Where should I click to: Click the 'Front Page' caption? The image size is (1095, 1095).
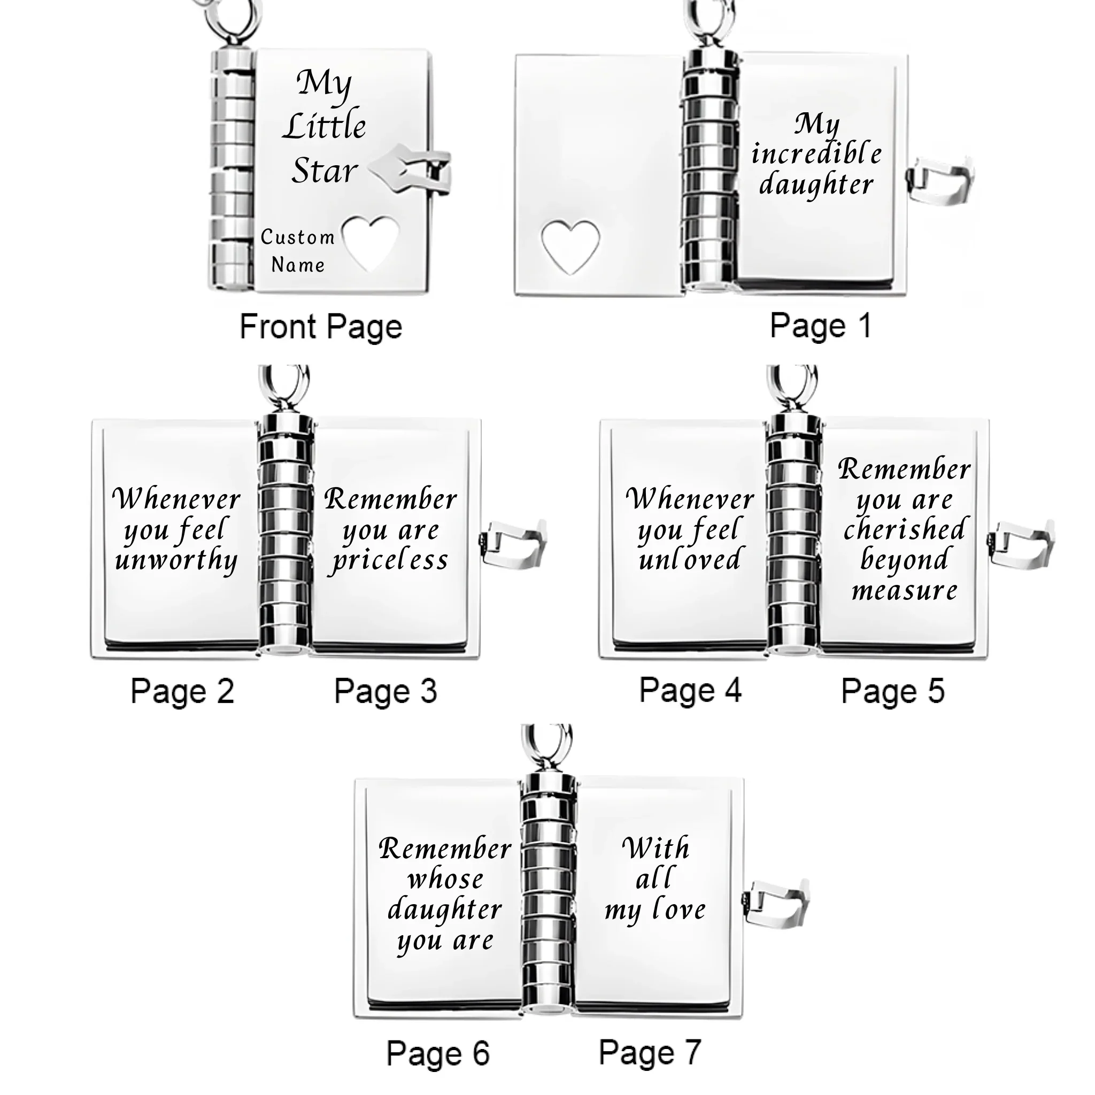tap(321, 327)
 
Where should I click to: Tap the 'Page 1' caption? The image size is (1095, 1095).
tap(820, 327)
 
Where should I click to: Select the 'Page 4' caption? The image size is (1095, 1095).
tap(690, 691)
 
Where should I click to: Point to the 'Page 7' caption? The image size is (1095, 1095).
tap(650, 1053)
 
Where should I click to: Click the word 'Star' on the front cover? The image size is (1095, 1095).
tap(325, 171)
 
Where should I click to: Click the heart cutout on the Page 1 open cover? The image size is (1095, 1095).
tap(570, 245)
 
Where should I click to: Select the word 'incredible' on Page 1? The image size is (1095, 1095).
tap(817, 153)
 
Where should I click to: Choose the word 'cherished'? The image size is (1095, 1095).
tap(905, 529)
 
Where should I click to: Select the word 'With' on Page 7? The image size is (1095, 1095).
tap(656, 849)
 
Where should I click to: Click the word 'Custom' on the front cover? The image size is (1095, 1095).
tap(298, 237)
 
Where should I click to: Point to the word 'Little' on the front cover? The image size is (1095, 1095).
tap(325, 126)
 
